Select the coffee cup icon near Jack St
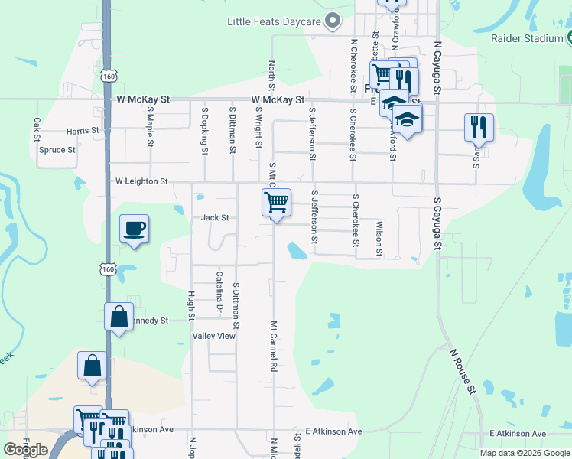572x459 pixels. coord(135,228)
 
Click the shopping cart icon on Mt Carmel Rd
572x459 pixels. coord(276,203)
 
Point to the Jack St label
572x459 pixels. coord(215,218)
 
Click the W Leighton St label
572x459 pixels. coord(141,181)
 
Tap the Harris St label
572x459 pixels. coord(83,131)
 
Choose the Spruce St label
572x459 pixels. coord(57,150)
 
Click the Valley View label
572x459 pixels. coord(214,336)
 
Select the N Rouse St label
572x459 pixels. coord(463,370)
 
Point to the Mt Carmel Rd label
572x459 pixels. coord(272,347)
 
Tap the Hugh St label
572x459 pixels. coord(190,306)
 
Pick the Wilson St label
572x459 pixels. coord(379,238)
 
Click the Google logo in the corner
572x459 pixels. coord(26,450)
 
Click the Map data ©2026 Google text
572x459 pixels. coord(524,453)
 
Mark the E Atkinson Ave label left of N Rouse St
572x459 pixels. coord(333,431)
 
